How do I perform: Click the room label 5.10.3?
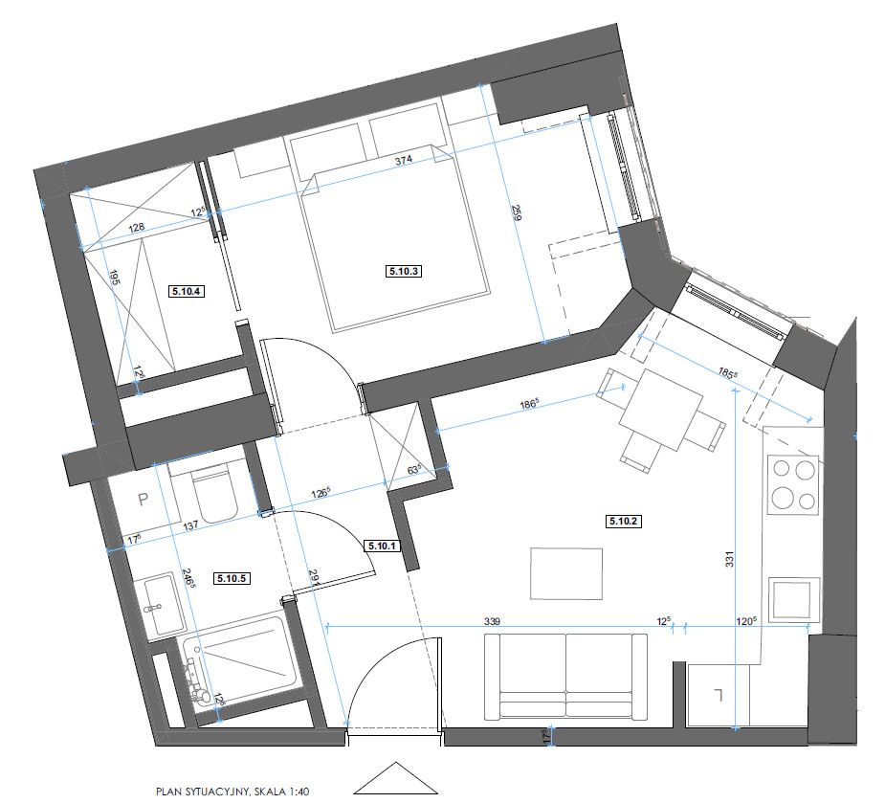tap(403, 271)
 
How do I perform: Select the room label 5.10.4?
tap(187, 291)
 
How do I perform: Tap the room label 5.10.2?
tap(624, 521)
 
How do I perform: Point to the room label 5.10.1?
tap(384, 546)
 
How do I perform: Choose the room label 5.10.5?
tap(232, 578)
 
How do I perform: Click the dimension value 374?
tap(403, 160)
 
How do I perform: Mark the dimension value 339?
tap(492, 621)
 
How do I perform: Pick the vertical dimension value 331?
tap(729, 559)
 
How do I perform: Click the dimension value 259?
tap(516, 212)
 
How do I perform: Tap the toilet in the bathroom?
tap(213, 492)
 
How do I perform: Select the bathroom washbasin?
tap(164, 607)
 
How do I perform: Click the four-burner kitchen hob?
tap(794, 485)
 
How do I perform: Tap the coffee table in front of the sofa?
tap(566, 573)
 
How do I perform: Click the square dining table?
tap(661, 410)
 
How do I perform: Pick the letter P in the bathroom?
tap(144, 500)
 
